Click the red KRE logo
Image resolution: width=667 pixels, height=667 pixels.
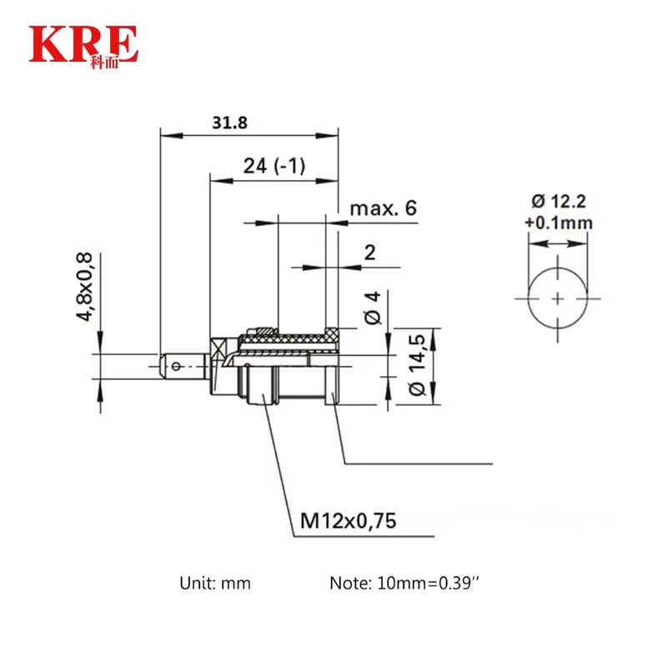pyautogui.click(x=83, y=47)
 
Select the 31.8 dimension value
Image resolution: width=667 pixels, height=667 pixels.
pyautogui.click(x=230, y=123)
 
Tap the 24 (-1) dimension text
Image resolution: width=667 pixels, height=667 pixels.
pyautogui.click(x=274, y=165)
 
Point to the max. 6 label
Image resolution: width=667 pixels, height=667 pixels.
pyautogui.click(x=383, y=208)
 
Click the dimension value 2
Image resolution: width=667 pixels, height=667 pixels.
pyautogui.click(x=370, y=253)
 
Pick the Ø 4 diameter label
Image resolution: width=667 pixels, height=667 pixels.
pyautogui.click(x=373, y=308)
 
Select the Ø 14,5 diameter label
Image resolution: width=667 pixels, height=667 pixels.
pyautogui.click(x=417, y=364)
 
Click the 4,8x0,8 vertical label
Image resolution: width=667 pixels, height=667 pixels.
pyautogui.click(x=84, y=286)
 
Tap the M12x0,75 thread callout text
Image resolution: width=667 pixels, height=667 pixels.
pyautogui.click(x=348, y=520)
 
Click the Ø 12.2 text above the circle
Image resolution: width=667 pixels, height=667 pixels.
pyautogui.click(x=559, y=201)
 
